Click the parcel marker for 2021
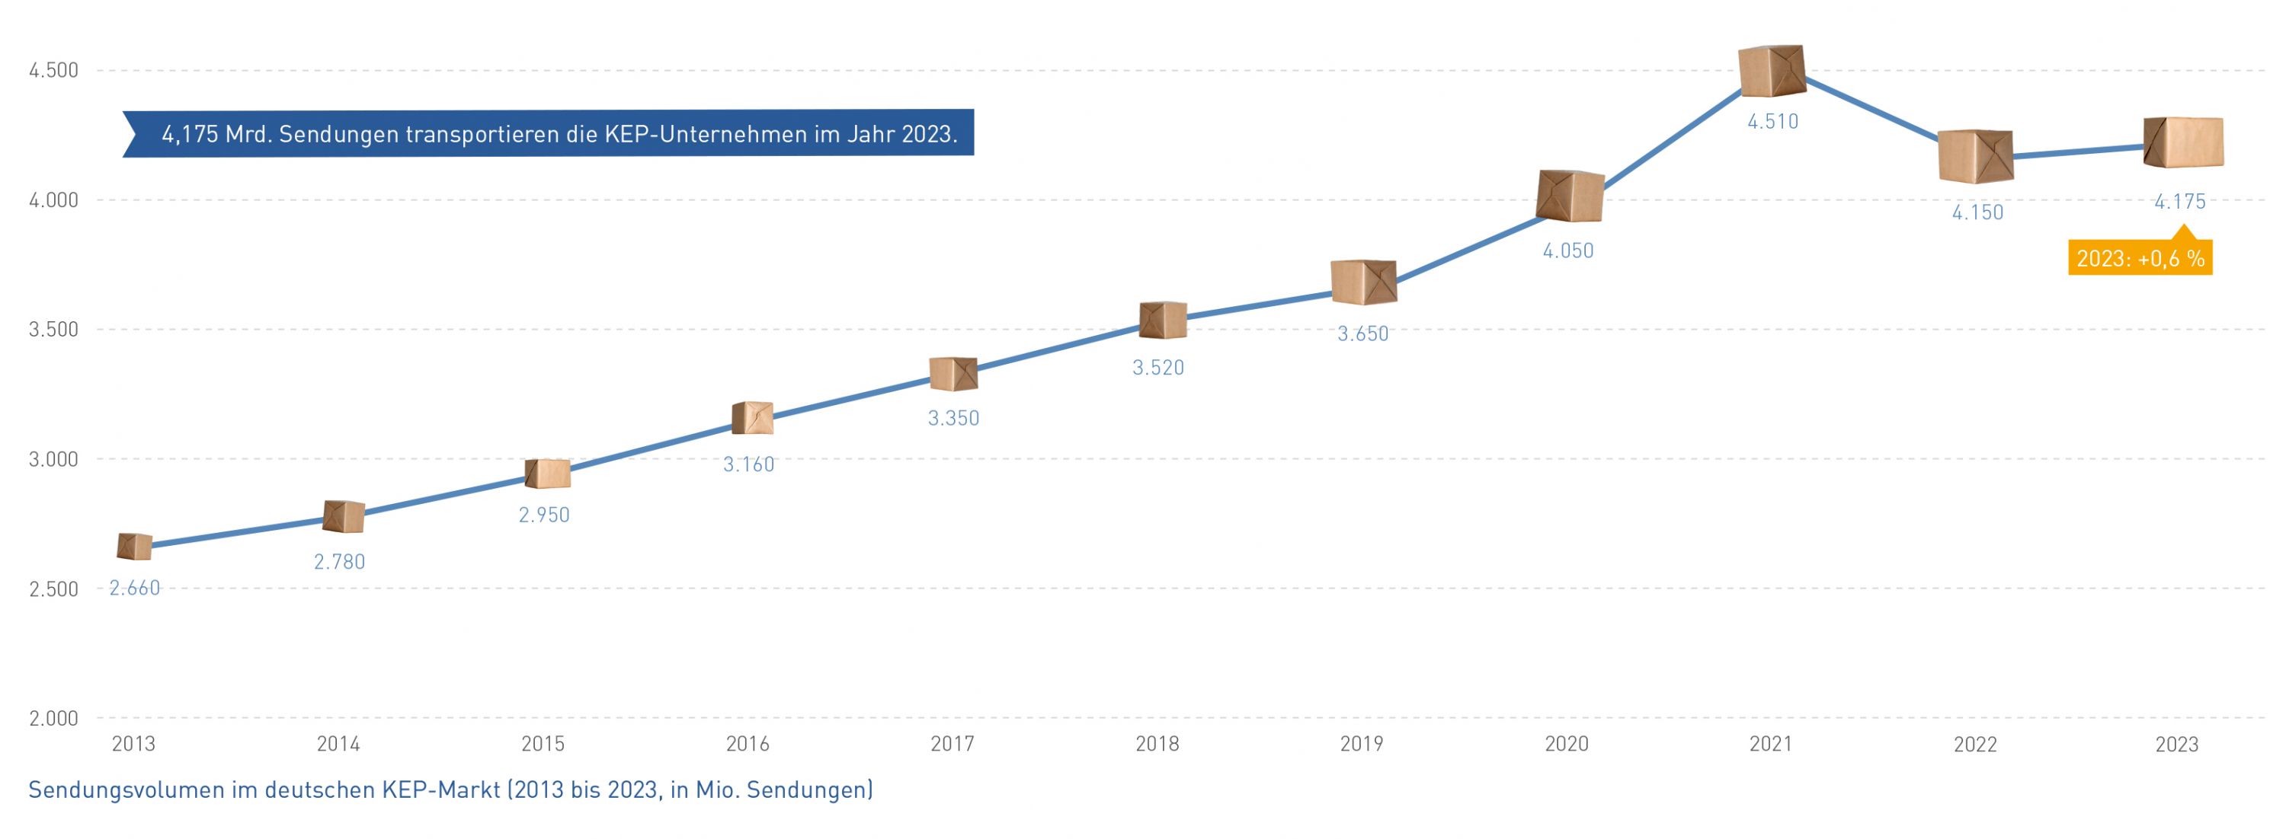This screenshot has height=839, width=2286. [x=1772, y=71]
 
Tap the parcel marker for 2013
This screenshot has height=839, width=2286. [x=134, y=547]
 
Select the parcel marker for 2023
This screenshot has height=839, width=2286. [x=2183, y=142]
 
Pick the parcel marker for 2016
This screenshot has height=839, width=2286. [x=753, y=418]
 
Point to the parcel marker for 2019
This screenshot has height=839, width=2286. [x=1364, y=282]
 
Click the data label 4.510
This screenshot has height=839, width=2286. [x=1772, y=122]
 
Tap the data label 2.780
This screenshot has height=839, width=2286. [x=339, y=561]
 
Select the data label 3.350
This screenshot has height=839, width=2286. [x=953, y=418]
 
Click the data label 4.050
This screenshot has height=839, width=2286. [x=1567, y=251]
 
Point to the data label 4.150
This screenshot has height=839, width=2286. [x=1977, y=213]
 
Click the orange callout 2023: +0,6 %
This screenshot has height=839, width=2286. [x=2140, y=259]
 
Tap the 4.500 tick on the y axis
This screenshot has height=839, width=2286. [x=53, y=70]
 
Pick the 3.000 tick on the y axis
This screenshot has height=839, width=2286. [x=53, y=459]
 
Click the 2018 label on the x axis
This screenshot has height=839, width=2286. [x=1157, y=744]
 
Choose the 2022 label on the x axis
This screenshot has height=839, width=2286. [x=1974, y=744]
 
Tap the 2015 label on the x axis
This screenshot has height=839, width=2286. [x=543, y=744]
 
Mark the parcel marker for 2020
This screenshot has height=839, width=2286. [x=1569, y=196]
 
